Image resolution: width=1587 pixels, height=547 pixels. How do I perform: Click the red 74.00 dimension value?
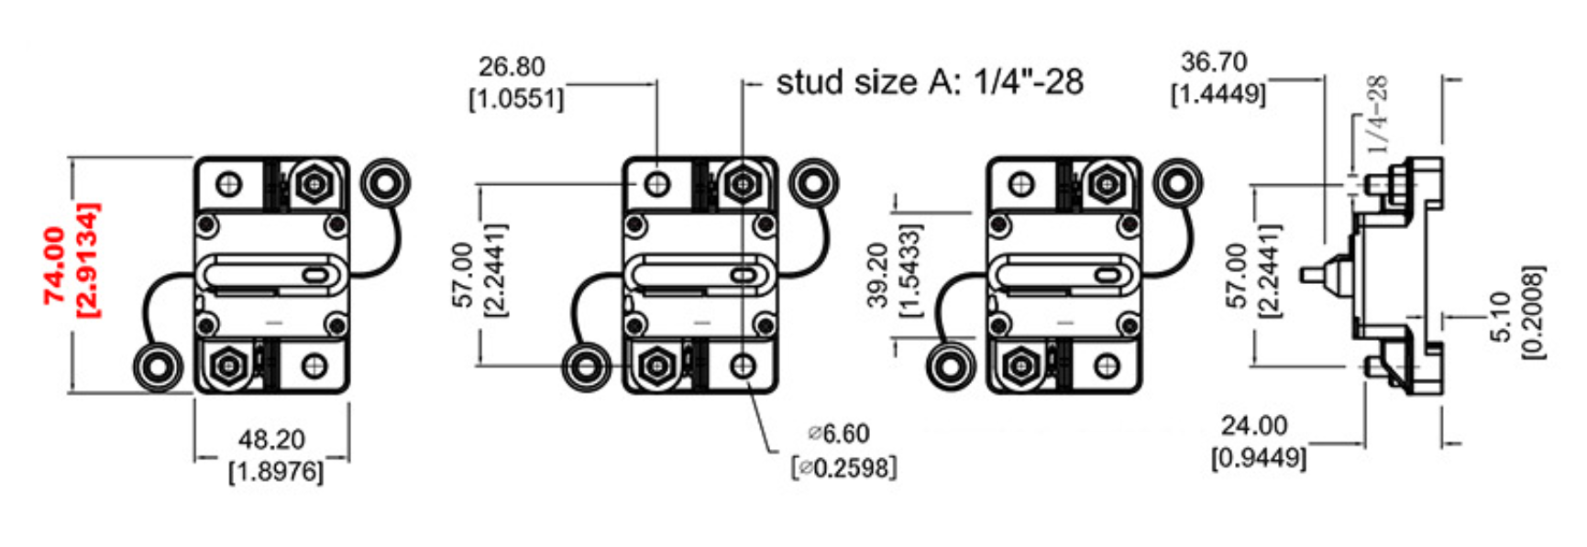(55, 265)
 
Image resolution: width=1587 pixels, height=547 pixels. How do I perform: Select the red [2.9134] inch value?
(88, 260)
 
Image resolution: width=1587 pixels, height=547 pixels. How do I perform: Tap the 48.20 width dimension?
(271, 440)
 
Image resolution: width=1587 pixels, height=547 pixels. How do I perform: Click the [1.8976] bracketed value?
(275, 473)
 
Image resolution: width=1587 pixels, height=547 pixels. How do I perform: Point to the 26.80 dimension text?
(512, 67)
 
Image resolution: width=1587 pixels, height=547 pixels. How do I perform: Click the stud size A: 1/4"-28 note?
(930, 82)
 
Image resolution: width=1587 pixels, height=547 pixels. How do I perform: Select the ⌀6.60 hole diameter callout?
(839, 433)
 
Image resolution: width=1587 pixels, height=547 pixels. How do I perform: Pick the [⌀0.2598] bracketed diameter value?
(843, 467)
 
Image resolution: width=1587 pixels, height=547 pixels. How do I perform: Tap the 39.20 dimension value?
(877, 275)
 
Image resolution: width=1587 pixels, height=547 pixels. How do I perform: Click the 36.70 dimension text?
(1214, 62)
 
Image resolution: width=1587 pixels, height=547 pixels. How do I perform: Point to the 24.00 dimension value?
(1253, 426)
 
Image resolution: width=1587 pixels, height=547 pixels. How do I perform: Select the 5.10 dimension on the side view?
(1500, 315)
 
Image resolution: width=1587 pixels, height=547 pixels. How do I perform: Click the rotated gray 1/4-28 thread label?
(1377, 114)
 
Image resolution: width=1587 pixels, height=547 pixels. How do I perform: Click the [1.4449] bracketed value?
(1218, 93)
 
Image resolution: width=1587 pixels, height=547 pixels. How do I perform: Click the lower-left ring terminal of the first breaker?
(159, 366)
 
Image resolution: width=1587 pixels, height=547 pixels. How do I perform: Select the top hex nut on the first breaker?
(314, 184)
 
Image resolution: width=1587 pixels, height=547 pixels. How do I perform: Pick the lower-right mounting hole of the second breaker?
(744, 367)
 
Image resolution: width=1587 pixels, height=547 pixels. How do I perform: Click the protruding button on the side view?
(1314, 274)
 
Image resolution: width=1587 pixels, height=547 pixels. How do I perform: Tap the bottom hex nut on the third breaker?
(1019, 367)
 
